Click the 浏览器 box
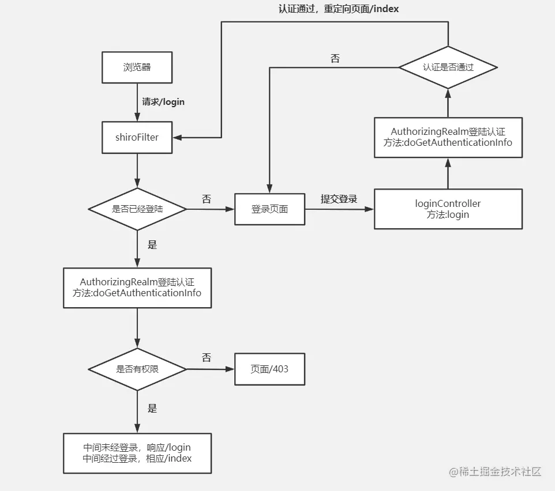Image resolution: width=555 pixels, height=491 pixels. (x=137, y=67)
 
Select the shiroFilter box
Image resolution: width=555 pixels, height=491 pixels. (x=137, y=137)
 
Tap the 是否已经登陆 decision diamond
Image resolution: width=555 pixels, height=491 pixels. (x=137, y=209)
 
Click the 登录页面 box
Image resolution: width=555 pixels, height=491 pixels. (x=269, y=209)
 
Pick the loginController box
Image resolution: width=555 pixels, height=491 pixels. (x=448, y=209)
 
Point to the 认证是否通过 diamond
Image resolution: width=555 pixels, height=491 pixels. (x=448, y=67)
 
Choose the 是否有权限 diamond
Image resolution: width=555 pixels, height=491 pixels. (x=137, y=369)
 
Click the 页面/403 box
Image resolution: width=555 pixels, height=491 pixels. (x=269, y=369)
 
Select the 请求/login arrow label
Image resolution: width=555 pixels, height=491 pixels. (x=163, y=102)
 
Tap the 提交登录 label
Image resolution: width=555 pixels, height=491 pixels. (x=339, y=199)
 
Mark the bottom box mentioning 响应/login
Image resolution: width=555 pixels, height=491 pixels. (x=137, y=453)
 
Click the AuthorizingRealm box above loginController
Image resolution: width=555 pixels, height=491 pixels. (x=448, y=137)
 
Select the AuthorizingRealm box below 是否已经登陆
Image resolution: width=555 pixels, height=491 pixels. (x=137, y=287)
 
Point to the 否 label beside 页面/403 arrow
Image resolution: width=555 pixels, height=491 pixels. (x=206, y=358)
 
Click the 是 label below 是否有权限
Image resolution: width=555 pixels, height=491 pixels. (x=152, y=409)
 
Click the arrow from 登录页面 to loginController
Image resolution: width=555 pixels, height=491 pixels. (x=339, y=209)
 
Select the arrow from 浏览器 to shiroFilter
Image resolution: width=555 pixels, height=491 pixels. (x=137, y=102)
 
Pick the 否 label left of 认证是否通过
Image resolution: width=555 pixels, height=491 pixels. (x=335, y=58)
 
